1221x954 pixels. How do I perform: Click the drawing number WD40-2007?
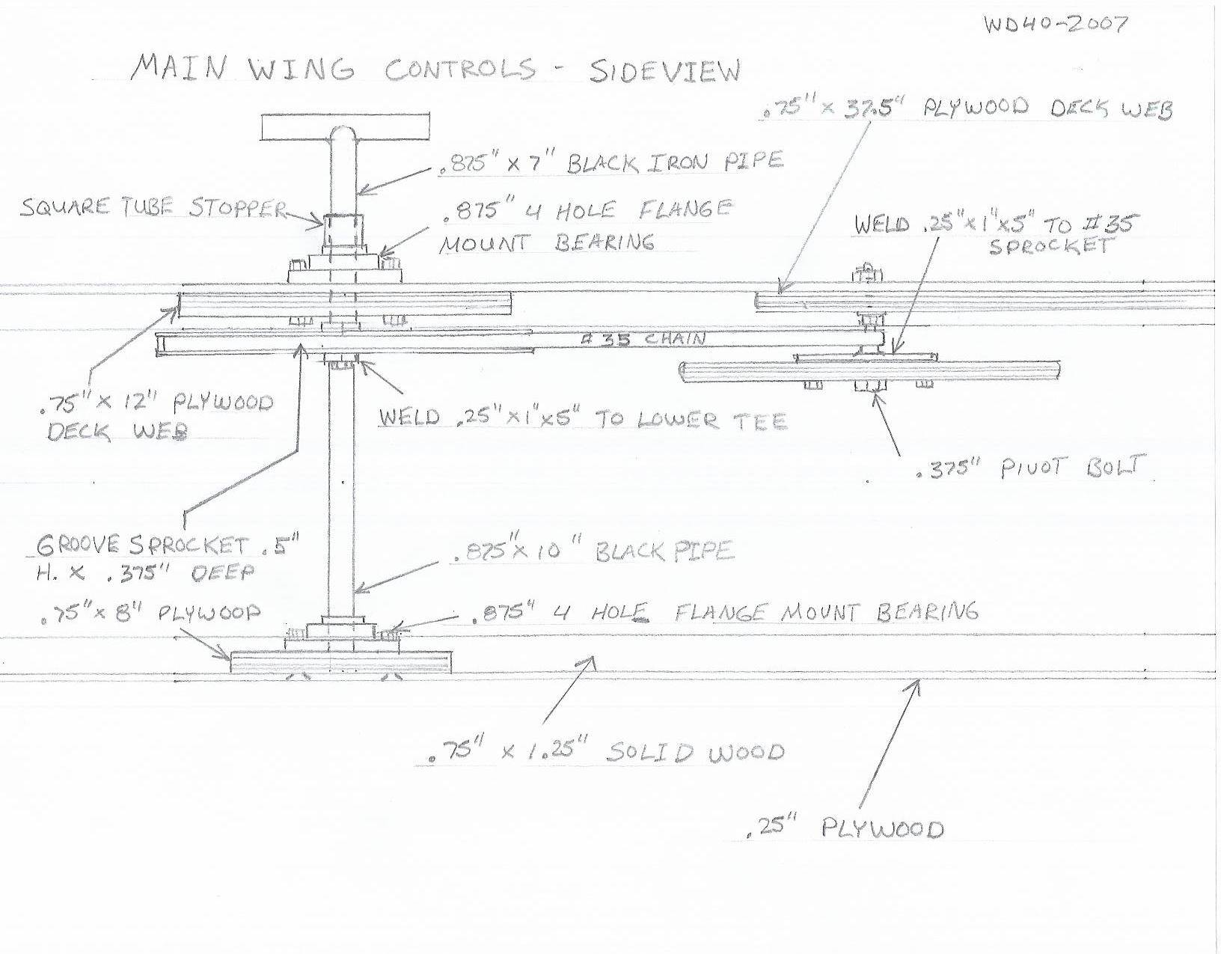(x=1055, y=24)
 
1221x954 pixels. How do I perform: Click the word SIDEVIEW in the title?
(x=664, y=72)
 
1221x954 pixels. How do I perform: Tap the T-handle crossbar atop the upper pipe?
(x=346, y=126)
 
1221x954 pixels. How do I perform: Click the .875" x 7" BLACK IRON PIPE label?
(x=611, y=164)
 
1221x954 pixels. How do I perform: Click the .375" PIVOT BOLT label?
(x=1030, y=468)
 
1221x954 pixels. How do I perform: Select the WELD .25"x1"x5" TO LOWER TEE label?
(x=584, y=419)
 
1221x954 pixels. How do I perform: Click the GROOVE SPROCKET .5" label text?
(x=168, y=545)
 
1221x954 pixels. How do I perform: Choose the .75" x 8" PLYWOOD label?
(x=150, y=612)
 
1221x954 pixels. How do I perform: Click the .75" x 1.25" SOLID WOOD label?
(x=606, y=750)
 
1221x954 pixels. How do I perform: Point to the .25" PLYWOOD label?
(x=845, y=828)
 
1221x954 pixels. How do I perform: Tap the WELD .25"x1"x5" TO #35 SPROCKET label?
(x=994, y=235)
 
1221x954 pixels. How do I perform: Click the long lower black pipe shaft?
(x=341, y=488)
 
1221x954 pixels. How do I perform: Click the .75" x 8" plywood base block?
(x=342, y=661)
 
